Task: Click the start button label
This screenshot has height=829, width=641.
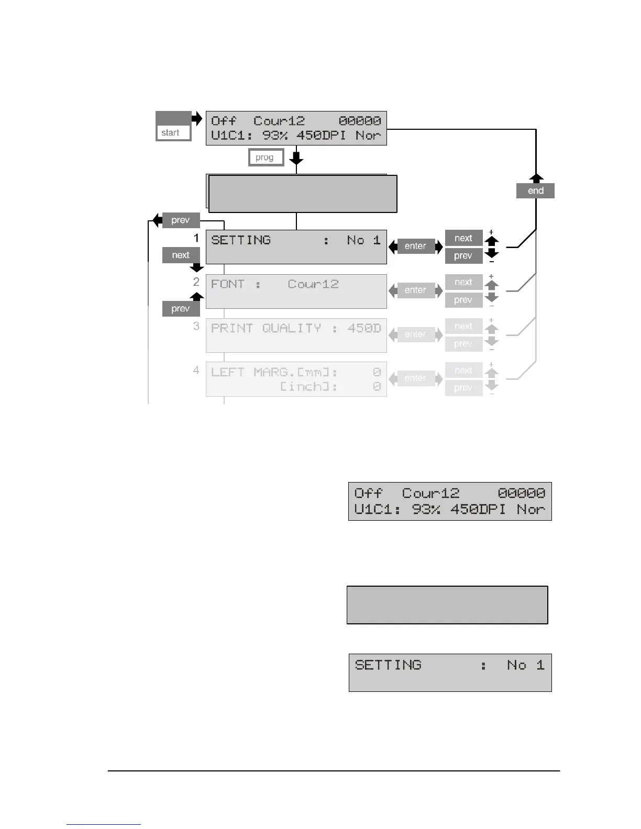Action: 171,133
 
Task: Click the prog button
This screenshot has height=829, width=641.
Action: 265,158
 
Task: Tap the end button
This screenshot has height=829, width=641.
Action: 535,191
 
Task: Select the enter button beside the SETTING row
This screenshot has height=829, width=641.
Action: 415,246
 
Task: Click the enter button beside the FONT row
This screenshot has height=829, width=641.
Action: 415,290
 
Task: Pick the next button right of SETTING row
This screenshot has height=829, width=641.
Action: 463,238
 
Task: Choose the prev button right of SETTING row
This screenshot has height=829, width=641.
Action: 463,256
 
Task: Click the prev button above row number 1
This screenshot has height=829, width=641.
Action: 181,220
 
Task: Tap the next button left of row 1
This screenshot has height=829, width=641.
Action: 181,255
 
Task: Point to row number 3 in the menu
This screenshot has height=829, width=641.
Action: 196,326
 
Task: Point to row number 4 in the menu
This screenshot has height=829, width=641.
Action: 196,370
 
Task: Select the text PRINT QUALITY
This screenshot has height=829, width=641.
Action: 266,328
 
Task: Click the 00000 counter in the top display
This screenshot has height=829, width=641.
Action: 360,121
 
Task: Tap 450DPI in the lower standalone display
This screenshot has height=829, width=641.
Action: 478,509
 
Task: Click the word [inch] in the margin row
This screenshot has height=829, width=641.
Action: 308,387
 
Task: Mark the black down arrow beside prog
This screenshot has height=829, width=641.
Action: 296,157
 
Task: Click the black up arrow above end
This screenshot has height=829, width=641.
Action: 536,178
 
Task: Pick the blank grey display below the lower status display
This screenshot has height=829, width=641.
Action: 447,605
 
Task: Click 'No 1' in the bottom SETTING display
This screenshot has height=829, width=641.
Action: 526,665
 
